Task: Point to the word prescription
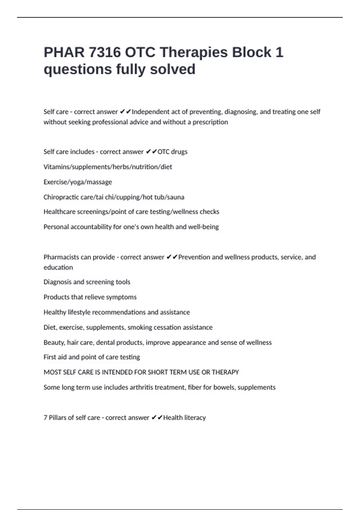[x=210, y=122]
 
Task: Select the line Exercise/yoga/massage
[x=78, y=182]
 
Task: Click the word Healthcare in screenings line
[x=59, y=212]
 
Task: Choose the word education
[x=58, y=267]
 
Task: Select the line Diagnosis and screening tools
[x=87, y=282]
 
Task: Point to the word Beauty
[x=54, y=343]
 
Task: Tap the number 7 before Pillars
[x=45, y=418]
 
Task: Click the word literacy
[x=195, y=418]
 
